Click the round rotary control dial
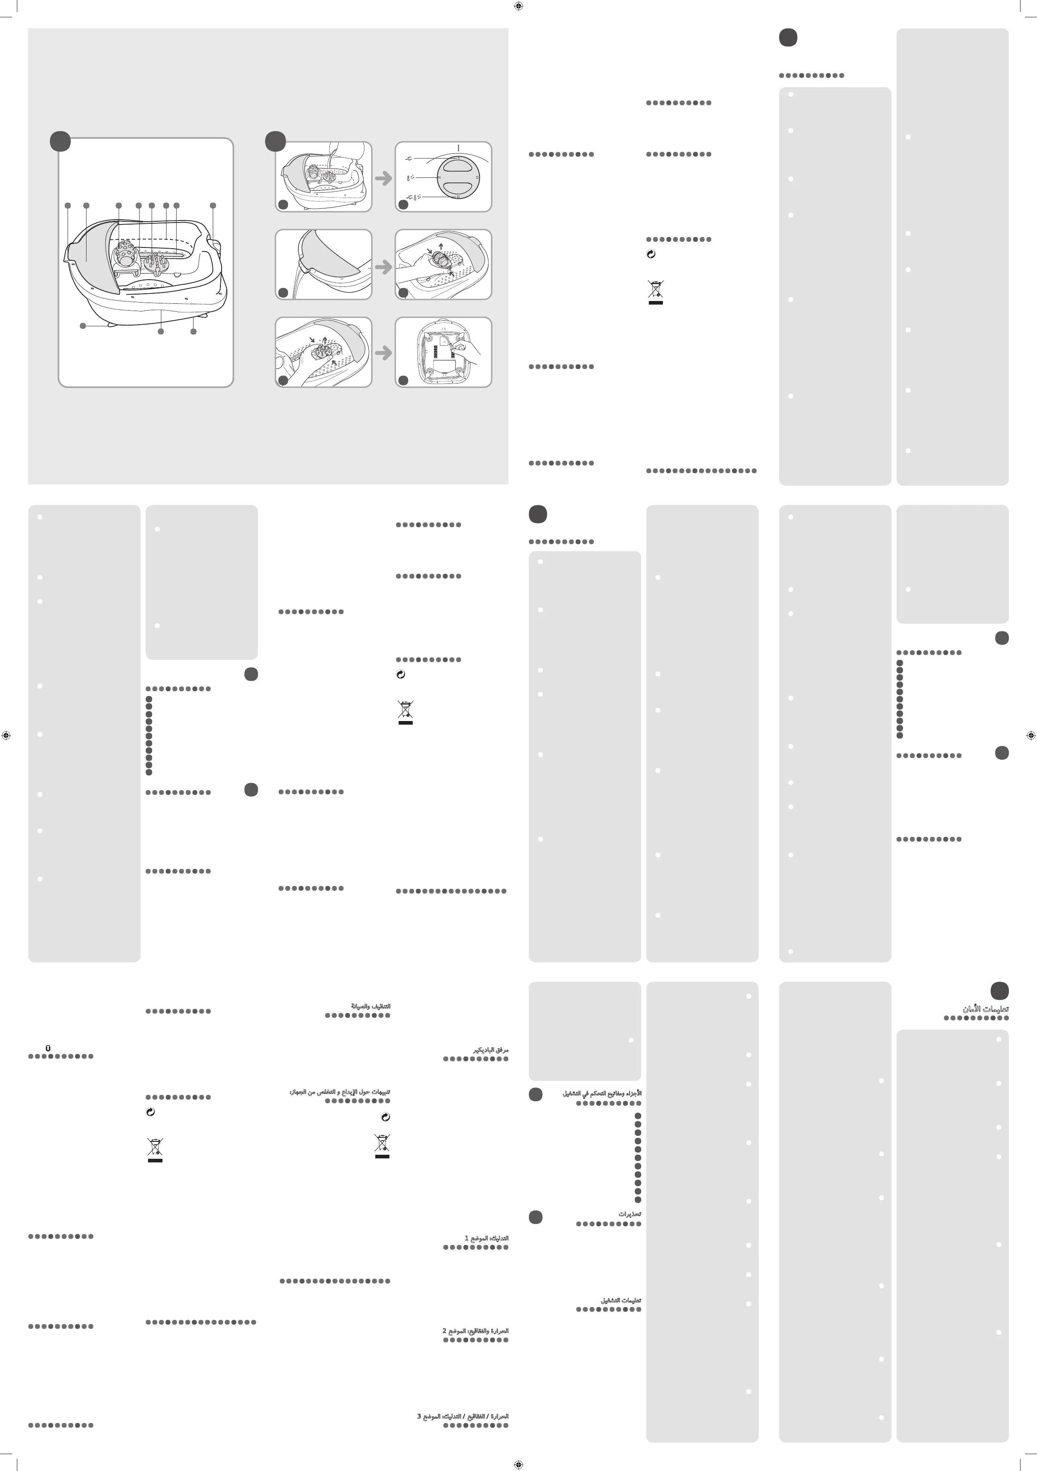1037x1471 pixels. click(457, 177)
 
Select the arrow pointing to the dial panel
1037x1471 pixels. click(383, 178)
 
